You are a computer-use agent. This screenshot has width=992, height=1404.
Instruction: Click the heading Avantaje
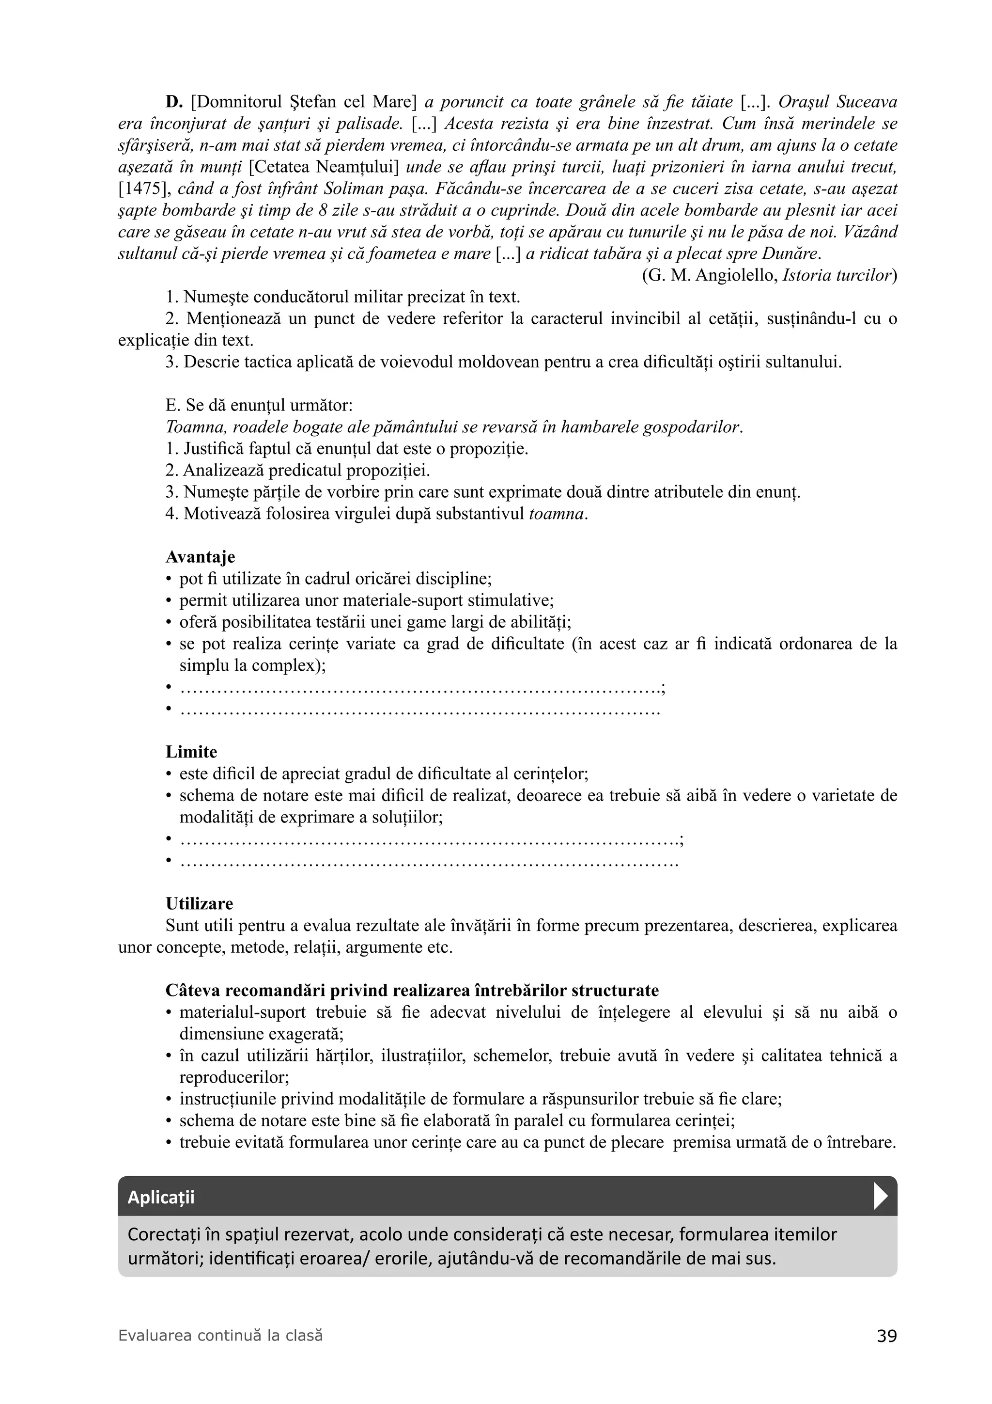[x=200, y=557]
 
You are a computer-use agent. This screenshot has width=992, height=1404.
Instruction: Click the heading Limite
[x=191, y=752]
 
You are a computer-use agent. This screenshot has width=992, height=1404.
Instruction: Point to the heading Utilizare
[x=199, y=904]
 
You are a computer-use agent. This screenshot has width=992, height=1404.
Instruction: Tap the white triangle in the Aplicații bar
[x=880, y=1197]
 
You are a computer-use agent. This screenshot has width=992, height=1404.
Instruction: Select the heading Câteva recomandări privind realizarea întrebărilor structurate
[x=412, y=991]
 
